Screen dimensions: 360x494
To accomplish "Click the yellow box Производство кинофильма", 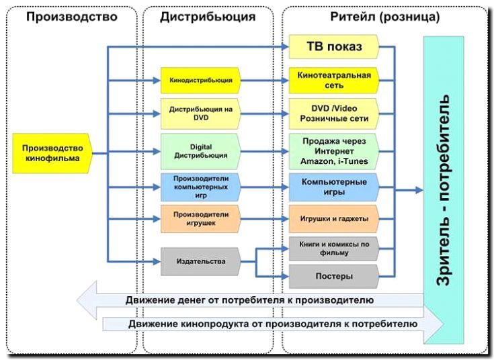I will coord(52,153).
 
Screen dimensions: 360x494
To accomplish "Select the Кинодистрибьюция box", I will coord(200,81).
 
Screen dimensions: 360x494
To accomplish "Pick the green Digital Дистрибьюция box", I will coord(200,150).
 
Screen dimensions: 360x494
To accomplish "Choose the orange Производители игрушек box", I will coord(200,219).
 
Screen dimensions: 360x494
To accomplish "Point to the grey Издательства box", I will coord(200,261).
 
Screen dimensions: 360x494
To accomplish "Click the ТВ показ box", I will coord(334,47).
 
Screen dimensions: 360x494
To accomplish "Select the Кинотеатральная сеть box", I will coord(334,81).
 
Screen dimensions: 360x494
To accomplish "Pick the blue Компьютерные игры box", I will coord(334,187).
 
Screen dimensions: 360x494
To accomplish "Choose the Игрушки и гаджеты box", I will coord(334,219).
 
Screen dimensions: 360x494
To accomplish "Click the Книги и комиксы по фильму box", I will coord(334,249).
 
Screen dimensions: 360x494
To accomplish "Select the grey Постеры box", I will coord(334,275).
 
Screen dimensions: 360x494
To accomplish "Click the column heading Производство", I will coord(71,16).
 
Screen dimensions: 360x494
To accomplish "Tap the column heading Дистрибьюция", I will coord(208,16).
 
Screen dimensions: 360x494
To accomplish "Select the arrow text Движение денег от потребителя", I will coord(249,300).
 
